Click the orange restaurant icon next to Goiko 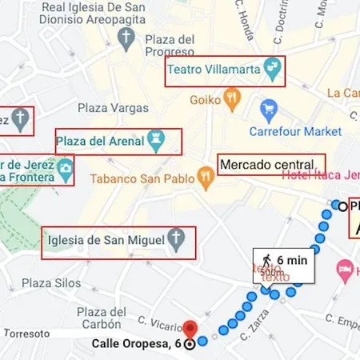(x=232, y=100)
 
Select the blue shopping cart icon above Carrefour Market (x=270, y=110)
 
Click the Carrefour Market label (x=294, y=131)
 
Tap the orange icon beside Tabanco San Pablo (x=206, y=182)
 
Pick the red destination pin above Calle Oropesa (x=190, y=328)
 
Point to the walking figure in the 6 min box (x=264, y=258)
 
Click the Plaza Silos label (x=51, y=282)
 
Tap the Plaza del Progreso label (x=170, y=46)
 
